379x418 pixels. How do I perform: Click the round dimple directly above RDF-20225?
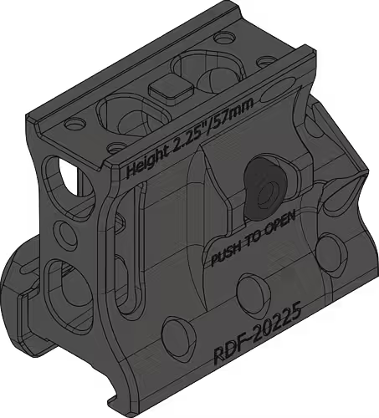pos(248,286)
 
